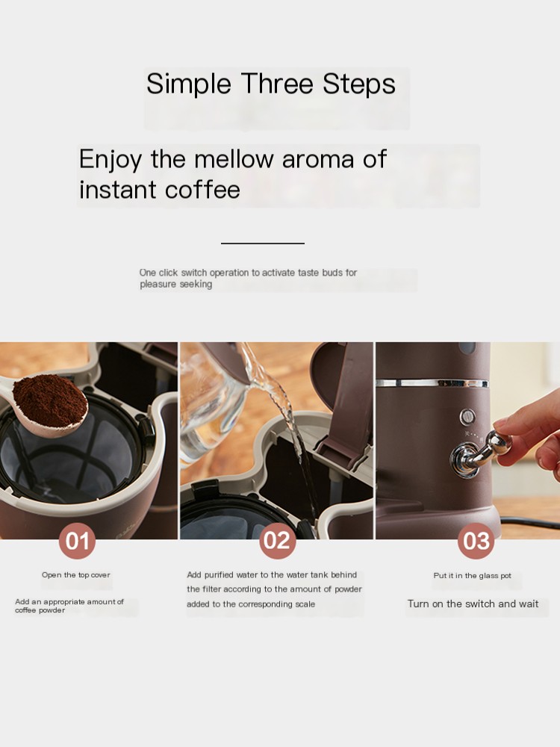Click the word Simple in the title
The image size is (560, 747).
coord(189,85)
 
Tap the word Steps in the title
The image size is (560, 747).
coord(359,84)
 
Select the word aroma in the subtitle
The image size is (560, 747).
coord(318,160)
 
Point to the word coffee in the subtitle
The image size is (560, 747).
coord(202,189)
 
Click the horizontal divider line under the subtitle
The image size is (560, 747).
coord(262,244)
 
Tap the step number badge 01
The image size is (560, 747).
coord(77,541)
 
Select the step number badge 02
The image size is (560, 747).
coord(277,541)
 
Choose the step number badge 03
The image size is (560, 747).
coord(476,541)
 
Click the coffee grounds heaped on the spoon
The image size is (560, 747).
coord(50,400)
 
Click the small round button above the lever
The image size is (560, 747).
coord(467,418)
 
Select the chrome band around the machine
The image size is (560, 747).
coord(432,382)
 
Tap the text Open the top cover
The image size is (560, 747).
coord(75,575)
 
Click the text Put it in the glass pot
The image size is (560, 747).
coord(473,575)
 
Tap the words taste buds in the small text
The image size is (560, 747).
coord(320,273)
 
